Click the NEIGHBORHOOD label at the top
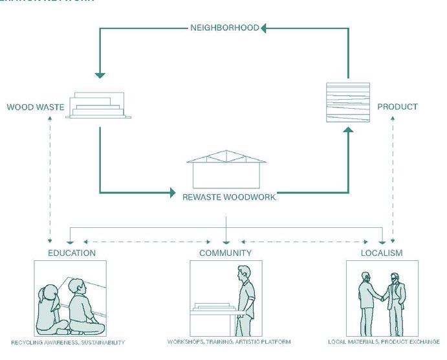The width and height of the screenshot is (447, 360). tap(225, 28)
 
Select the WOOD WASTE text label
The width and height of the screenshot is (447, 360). tap(36, 107)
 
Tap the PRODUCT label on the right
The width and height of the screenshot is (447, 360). tap(397, 106)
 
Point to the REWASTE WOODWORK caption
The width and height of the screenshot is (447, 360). tap(230, 197)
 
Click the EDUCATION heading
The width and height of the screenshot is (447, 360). tap(72, 253)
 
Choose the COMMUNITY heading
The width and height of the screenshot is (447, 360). tap(225, 253)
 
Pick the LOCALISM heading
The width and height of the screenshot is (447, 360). tap(382, 253)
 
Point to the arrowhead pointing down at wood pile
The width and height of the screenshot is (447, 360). tap(99, 74)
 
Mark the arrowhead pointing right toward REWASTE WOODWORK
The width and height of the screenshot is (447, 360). tap(173, 192)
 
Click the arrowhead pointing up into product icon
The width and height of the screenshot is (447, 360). tap(348, 130)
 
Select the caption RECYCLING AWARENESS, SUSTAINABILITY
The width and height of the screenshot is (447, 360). tap(68, 342)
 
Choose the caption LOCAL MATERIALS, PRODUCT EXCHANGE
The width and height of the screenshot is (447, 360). tap(384, 342)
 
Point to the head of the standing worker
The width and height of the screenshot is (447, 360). tap(242, 273)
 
